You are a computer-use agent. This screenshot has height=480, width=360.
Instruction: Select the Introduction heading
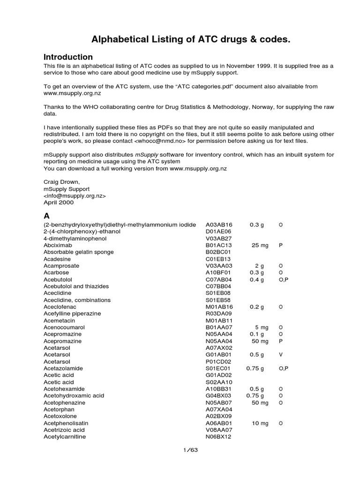click(x=68, y=57)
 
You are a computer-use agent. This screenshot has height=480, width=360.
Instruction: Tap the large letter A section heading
click(x=46, y=216)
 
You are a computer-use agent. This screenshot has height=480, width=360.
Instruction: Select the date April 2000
click(x=59, y=202)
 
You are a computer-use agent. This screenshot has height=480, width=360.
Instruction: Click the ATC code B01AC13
click(x=219, y=245)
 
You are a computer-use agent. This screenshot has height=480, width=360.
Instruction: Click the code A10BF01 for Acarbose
click(x=218, y=272)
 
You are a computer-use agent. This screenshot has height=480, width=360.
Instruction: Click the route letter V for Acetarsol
click(x=280, y=354)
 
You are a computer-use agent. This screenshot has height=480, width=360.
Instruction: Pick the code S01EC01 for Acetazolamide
click(x=218, y=368)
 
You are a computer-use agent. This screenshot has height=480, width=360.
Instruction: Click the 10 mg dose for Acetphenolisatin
click(x=260, y=423)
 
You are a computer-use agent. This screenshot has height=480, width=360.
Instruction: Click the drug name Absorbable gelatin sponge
click(x=78, y=252)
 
